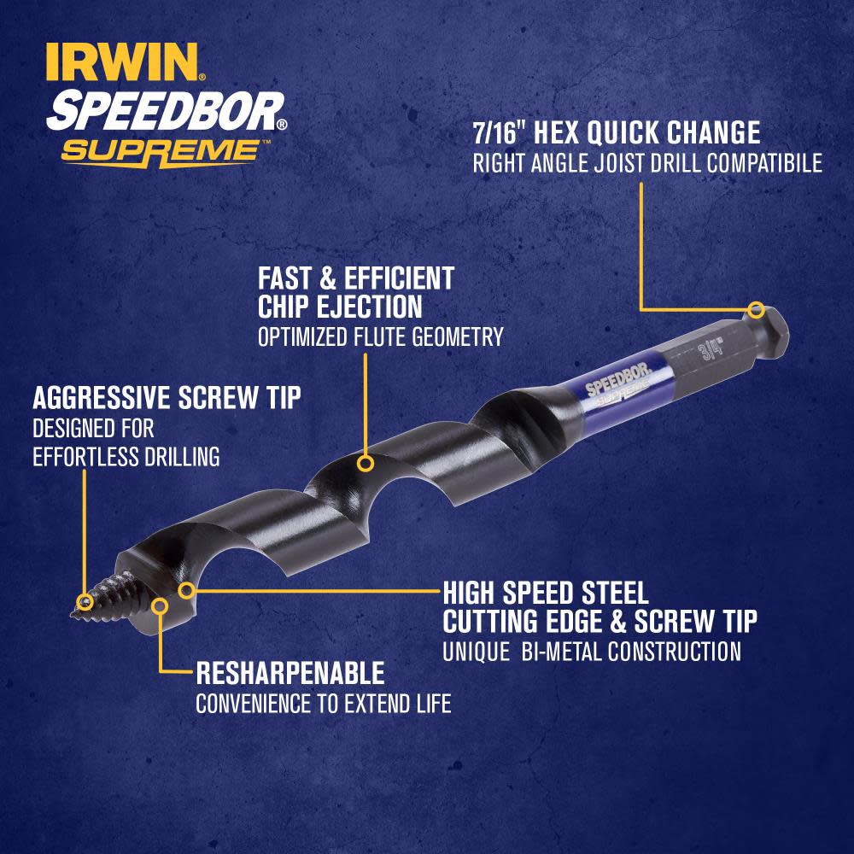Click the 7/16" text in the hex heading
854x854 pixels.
pos(500,132)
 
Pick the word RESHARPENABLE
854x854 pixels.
pos(290,674)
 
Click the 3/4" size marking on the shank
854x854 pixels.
pos(709,349)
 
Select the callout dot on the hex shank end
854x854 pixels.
pos(755,309)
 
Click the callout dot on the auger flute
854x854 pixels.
pos(366,465)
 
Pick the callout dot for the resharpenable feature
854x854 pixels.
pos(160,605)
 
